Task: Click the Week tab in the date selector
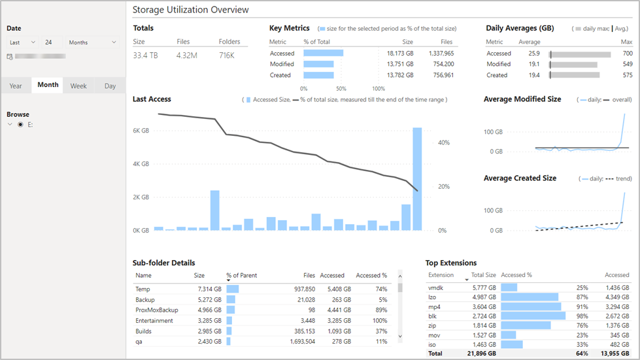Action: [x=78, y=86]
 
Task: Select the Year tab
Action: [x=16, y=86]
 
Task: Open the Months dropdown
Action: [x=92, y=42]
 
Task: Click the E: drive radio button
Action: [x=20, y=125]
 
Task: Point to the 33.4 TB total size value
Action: [x=145, y=56]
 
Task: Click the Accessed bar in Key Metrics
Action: [x=323, y=53]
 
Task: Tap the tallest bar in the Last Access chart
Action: [x=417, y=179]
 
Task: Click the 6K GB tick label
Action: [x=141, y=131]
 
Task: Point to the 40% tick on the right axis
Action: [x=444, y=142]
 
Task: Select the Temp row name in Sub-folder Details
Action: [x=143, y=289]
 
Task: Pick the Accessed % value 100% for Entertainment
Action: [x=380, y=321]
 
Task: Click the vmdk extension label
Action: [x=435, y=288]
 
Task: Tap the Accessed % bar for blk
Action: [x=533, y=316]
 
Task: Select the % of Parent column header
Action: [x=242, y=276]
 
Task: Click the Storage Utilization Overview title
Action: [x=191, y=10]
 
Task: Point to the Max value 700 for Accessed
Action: [x=628, y=54]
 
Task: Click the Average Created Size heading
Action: [x=520, y=178]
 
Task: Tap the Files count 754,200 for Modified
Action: [x=443, y=64]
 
